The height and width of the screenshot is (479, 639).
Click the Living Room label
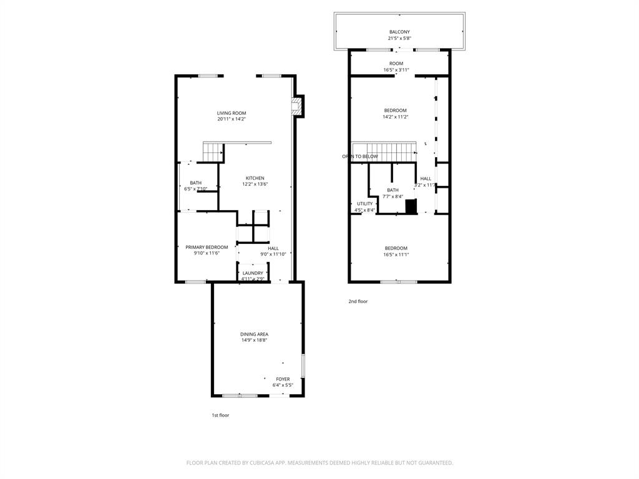(232, 113)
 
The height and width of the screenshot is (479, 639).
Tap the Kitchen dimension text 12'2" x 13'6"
(255, 185)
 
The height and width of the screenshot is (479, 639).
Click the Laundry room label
(253, 273)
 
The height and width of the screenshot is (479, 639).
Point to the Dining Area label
(255, 334)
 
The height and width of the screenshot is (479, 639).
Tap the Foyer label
(283, 379)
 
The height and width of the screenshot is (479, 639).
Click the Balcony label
(399, 32)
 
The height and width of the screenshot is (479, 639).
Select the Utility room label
(364, 203)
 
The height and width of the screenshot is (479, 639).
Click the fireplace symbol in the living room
(299, 107)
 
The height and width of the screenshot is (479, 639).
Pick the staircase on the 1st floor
(213, 152)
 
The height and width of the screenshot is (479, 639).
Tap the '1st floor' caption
(220, 415)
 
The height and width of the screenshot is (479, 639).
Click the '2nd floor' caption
(358, 301)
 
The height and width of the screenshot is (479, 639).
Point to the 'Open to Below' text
(360, 157)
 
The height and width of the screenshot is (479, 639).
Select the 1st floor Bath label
(196, 183)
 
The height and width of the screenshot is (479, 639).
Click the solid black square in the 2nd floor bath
(411, 206)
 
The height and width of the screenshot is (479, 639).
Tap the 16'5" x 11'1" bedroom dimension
(396, 254)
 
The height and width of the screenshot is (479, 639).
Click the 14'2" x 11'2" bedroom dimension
(395, 117)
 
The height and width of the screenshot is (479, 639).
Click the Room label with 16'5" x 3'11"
(396, 64)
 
